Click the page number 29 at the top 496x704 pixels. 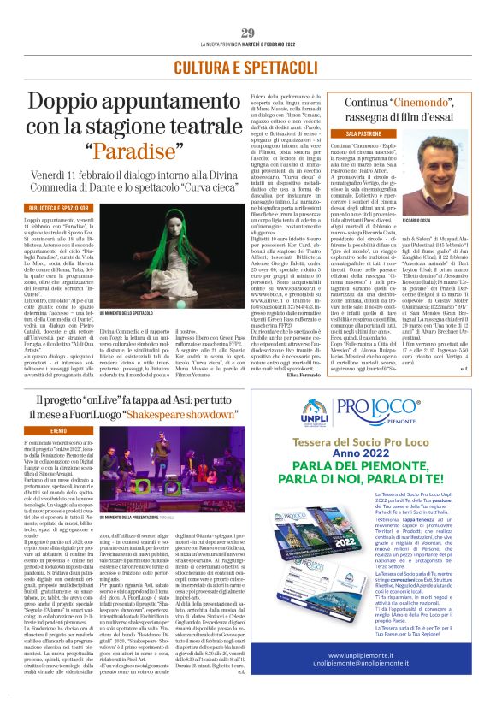click(x=248, y=33)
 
